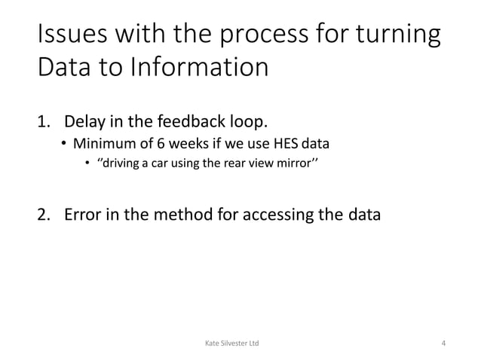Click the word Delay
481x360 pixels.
click(86, 121)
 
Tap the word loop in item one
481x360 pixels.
click(248, 121)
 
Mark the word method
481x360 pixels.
click(193, 215)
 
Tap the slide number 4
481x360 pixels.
click(443, 344)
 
